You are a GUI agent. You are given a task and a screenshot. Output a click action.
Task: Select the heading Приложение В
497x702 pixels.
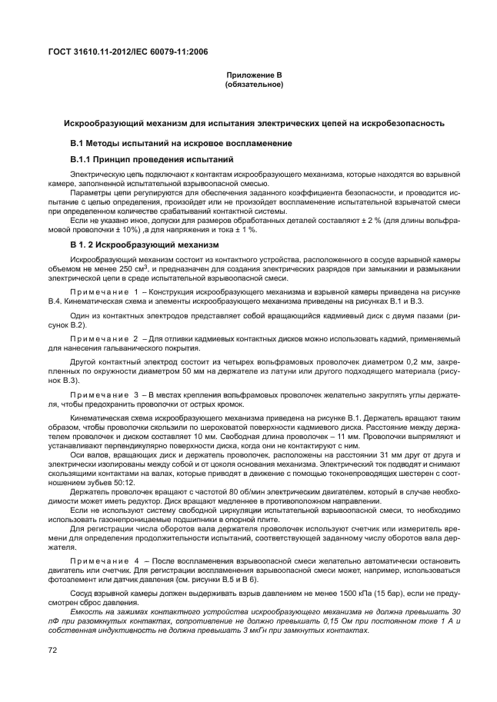[253, 75]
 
